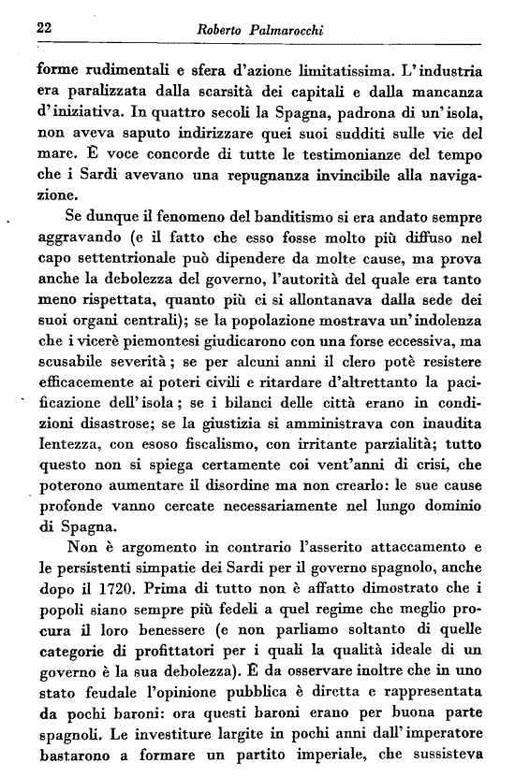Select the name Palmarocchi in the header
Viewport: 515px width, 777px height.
coord(289,32)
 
